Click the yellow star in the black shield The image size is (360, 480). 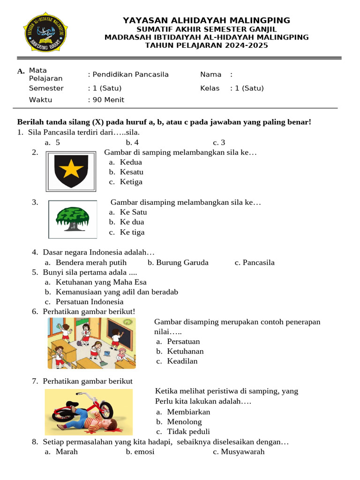pos(71,169)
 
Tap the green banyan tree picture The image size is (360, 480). pos(72,219)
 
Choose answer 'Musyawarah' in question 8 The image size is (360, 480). pos(242,452)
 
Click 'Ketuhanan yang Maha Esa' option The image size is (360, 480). pos(101,282)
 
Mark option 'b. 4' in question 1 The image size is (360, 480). pos(132,142)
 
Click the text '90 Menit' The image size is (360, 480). pos(108,100)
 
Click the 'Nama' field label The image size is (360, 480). pos(210,75)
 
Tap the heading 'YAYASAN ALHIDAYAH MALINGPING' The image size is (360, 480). pos(206,20)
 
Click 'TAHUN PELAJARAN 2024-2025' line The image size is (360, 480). pos(206,45)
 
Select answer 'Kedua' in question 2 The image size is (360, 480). pos(130,162)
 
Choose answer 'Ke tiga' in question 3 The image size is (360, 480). pos(132,232)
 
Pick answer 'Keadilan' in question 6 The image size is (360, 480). pos(182,361)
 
